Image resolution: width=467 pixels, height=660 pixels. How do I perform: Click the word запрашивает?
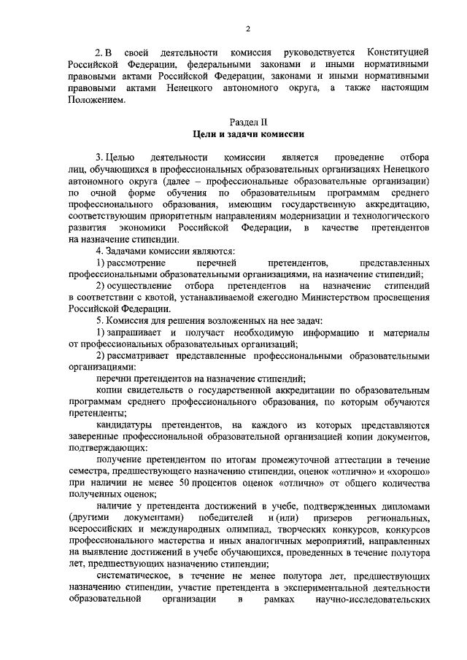[x=137, y=333]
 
